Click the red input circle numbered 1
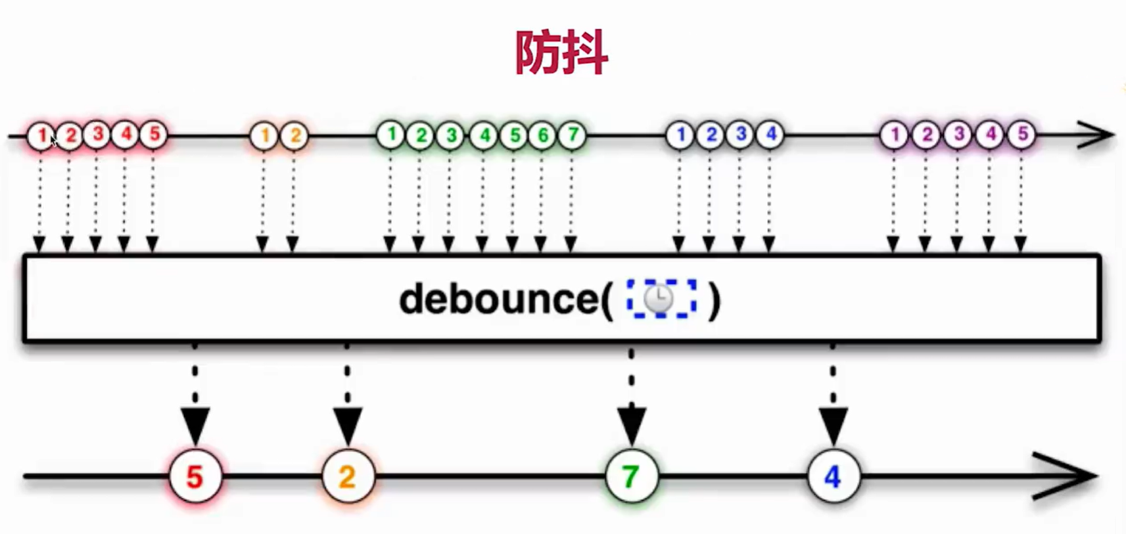(41, 135)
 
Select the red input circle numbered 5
(154, 135)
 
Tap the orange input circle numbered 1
(264, 136)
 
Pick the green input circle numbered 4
(484, 135)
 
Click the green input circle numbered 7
(573, 135)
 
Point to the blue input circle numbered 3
(741, 135)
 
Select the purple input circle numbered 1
(894, 135)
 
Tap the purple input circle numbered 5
(1022, 135)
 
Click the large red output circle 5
(195, 476)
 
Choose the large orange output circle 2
(348, 476)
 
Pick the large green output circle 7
(631, 476)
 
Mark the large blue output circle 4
(833, 476)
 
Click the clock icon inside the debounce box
(659, 300)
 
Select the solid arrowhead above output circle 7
(631, 424)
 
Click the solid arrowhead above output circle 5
(195, 424)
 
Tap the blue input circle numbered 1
(680, 135)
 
